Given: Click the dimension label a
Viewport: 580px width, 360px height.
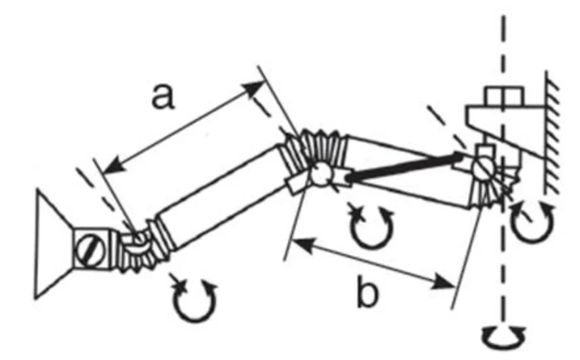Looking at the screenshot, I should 163,97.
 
